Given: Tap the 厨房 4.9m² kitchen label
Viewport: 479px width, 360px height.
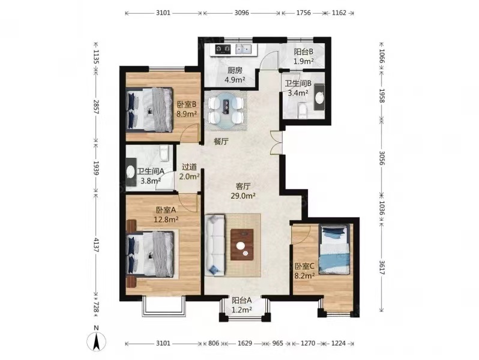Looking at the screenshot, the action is pos(235,75).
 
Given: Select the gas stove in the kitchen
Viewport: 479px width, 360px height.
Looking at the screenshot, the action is pos(223,49).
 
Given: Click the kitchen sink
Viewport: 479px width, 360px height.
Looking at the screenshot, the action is pos(243,49).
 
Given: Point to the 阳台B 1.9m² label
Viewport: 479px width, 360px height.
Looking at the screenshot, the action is pos(304,56).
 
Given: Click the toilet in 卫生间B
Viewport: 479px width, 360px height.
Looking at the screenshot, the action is pos(302,111).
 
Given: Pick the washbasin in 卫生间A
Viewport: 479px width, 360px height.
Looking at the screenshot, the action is pos(130,172).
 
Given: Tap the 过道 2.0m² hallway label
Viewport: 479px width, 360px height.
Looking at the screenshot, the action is pos(190,172).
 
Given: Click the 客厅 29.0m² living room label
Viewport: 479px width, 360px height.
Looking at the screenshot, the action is pos(243,191).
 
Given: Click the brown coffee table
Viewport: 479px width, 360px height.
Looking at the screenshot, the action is pos(243,244).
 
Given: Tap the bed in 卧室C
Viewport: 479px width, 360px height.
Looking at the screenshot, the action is pos(334,249).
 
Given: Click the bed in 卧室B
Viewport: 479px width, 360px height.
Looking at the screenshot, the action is pos(149,110).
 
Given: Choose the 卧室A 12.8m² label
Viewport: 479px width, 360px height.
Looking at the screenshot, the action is pos(166,214).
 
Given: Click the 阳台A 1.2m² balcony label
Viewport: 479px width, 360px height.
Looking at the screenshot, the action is pos(242,305).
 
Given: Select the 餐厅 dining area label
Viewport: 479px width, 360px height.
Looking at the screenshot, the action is pos(221,141).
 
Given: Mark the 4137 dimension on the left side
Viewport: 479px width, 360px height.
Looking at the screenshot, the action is pos(96,245).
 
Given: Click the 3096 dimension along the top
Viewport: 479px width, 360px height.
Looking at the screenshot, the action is pos(242,13).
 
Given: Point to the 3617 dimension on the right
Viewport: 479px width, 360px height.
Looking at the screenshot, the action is pos(382,266).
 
